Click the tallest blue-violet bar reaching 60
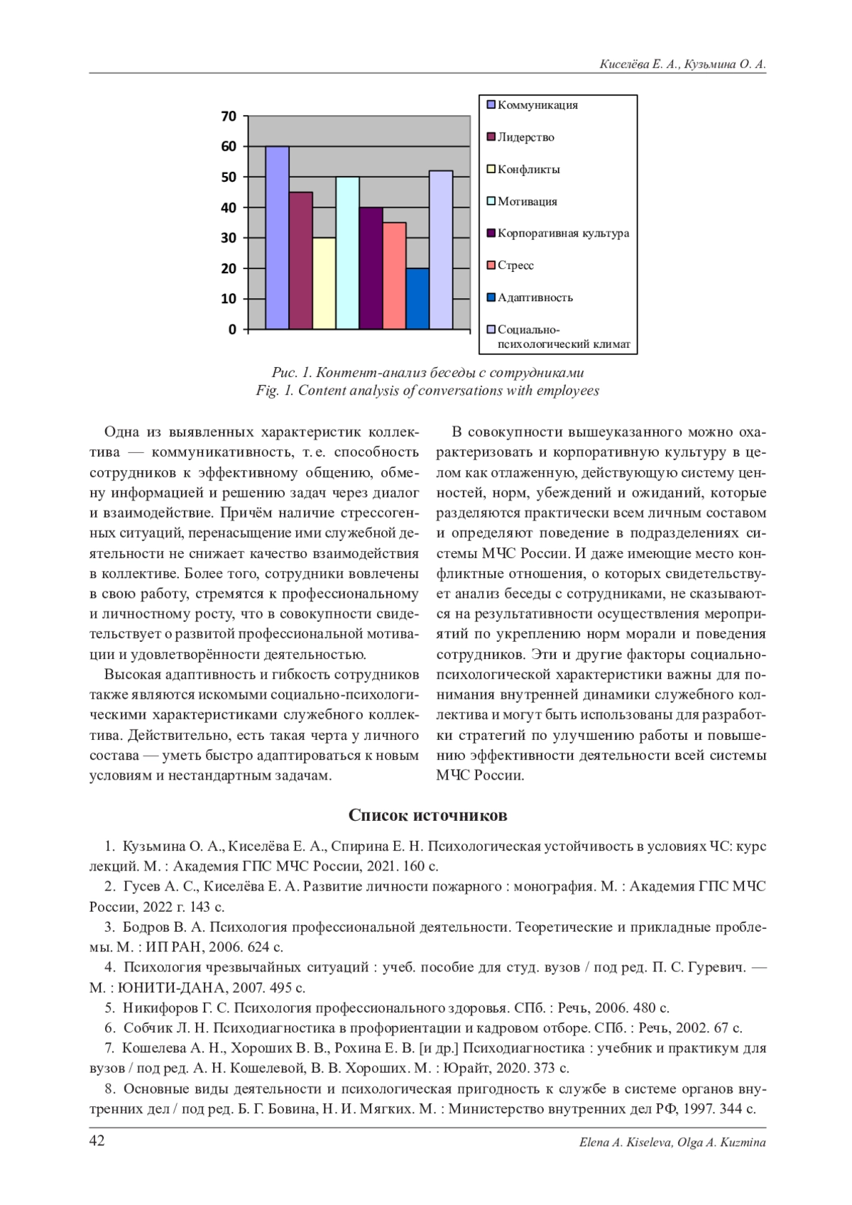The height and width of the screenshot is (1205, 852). (277, 238)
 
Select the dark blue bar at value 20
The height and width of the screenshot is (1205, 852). (417, 299)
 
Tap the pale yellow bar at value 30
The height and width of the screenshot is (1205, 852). (324, 283)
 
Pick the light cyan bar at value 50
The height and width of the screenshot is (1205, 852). (347, 253)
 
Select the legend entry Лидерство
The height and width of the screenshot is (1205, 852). (525, 137)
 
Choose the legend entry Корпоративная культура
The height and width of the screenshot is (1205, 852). (563, 233)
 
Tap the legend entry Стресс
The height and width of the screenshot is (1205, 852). (515, 266)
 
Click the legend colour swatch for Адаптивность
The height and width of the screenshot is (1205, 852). (491, 298)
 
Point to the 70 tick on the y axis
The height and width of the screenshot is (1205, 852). (229, 116)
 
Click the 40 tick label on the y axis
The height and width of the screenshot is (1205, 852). (229, 208)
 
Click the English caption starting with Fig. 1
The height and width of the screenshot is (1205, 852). (427, 391)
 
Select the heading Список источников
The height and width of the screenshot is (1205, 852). (427, 815)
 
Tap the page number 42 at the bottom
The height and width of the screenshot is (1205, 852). (97, 1141)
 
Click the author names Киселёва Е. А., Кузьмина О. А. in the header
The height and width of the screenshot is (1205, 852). (682, 65)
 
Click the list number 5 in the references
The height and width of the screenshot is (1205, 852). (109, 1008)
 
